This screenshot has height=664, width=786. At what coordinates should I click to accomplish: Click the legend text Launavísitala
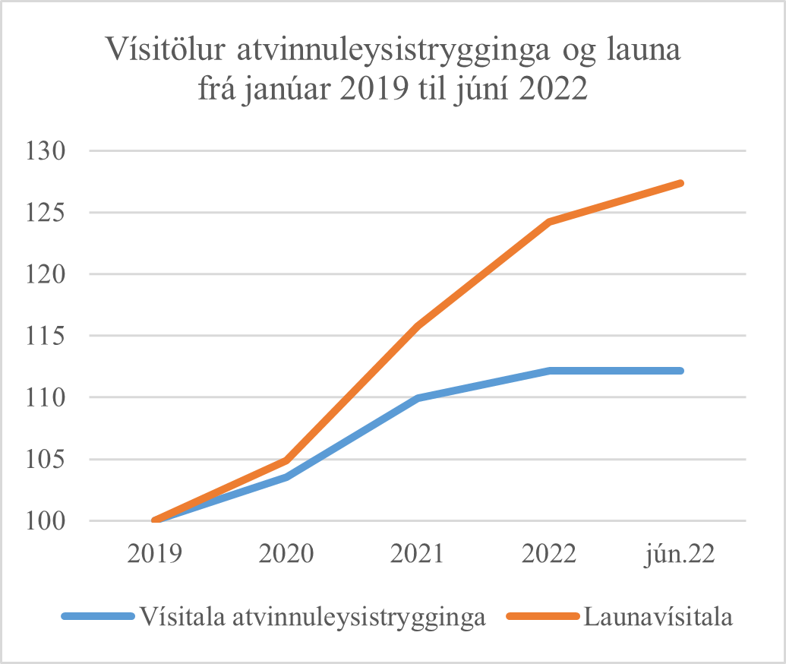point(658,616)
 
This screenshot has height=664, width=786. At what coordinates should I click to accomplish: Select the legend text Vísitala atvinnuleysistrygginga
point(311,616)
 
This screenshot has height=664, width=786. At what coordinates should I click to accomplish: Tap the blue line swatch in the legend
point(96,617)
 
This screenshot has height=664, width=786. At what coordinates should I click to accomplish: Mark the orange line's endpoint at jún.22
point(680,183)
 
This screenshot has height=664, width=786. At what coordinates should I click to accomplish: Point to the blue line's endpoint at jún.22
point(680,371)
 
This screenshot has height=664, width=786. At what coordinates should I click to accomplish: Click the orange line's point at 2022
point(549,222)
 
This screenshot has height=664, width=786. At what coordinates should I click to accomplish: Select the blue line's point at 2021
point(418,398)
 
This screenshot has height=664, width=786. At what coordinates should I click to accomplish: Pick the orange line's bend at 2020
point(287,460)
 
